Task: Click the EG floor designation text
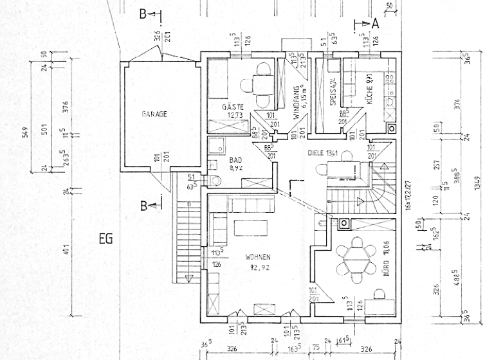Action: click(106, 239)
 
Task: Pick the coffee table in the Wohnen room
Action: click(251, 229)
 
